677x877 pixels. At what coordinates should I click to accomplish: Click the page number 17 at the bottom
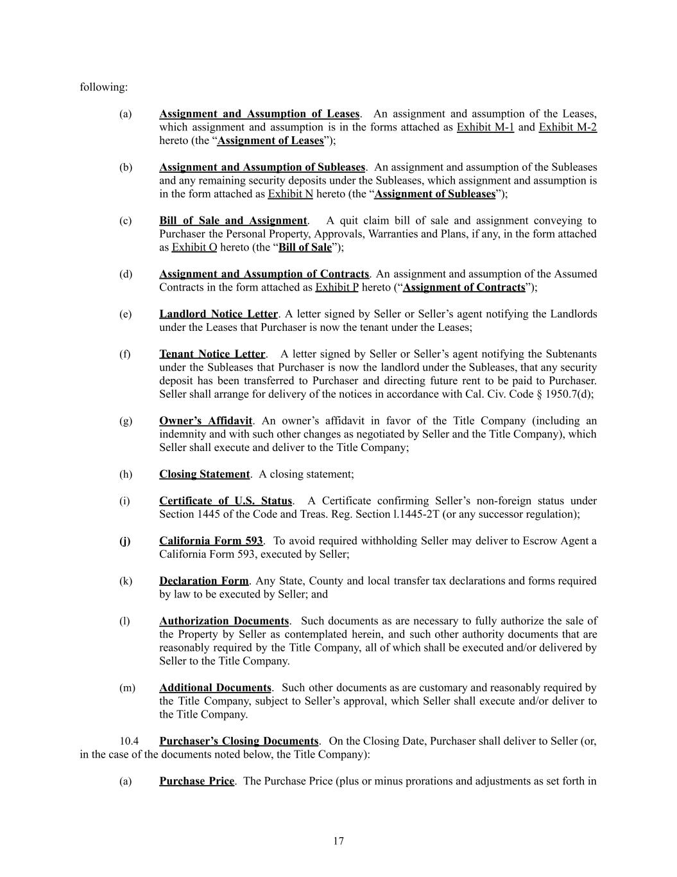tap(338, 841)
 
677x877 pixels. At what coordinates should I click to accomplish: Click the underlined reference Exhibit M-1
tap(485, 127)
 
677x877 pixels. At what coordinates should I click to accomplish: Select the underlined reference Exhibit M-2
tap(567, 127)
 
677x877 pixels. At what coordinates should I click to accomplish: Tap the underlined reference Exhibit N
tap(290, 194)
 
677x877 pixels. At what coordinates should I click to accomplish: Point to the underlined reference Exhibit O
tap(194, 247)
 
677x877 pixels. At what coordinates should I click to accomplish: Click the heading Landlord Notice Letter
tap(218, 314)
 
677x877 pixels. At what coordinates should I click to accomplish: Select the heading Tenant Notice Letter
tap(212, 354)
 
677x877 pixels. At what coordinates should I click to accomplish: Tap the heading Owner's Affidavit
tap(205, 421)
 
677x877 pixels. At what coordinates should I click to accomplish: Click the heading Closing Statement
tap(204, 474)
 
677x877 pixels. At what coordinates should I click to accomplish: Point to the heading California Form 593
tap(210, 541)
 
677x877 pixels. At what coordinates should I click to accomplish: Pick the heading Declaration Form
tap(203, 581)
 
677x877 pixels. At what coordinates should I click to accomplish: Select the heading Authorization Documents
tap(224, 621)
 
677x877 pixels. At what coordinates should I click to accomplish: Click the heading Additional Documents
tap(215, 688)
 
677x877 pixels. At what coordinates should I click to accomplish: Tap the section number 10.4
tap(129, 741)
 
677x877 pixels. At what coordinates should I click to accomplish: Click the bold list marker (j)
tap(124, 541)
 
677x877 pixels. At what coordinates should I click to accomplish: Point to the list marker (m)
tap(127, 688)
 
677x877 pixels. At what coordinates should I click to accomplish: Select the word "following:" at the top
tap(103, 87)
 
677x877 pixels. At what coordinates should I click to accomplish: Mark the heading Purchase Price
tap(196, 781)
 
